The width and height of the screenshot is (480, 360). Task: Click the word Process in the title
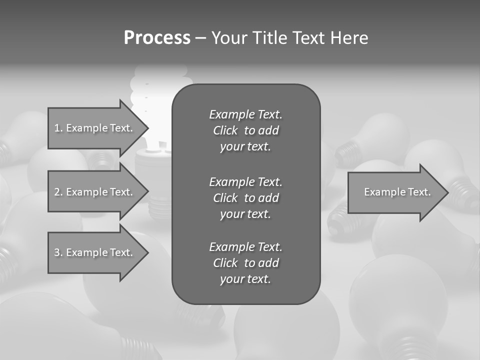(x=157, y=38)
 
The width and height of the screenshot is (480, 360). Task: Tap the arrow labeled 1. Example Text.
(x=95, y=128)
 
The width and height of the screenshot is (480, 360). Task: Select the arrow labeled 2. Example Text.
(x=95, y=192)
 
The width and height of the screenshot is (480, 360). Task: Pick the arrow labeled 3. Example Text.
(x=95, y=252)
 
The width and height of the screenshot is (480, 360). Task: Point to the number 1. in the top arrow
(x=58, y=128)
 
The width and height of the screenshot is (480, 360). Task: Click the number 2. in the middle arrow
(x=58, y=192)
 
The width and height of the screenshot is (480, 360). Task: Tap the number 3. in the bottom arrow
(x=58, y=252)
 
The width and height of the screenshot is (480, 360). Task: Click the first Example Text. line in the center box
(x=245, y=114)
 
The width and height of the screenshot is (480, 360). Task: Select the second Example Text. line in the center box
(x=245, y=181)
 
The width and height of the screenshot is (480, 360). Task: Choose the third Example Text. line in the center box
(x=245, y=247)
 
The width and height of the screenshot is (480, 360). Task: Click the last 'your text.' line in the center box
(x=245, y=279)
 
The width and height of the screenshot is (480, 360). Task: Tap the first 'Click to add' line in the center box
(x=245, y=130)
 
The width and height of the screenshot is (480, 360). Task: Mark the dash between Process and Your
(x=200, y=38)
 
